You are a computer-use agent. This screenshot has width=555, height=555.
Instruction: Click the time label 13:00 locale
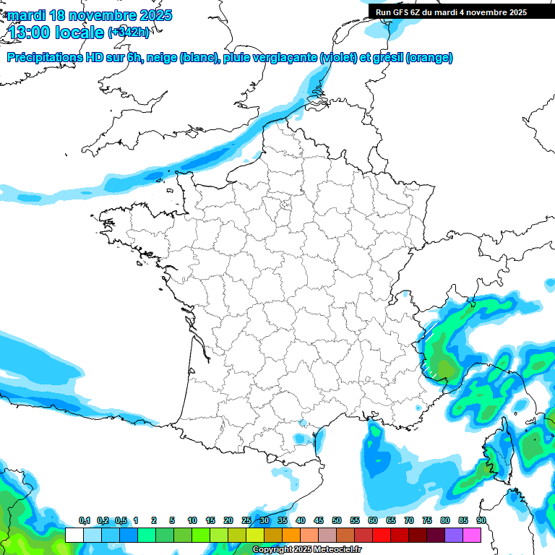click(x=56, y=32)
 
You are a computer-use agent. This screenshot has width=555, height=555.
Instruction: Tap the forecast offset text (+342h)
click(x=129, y=33)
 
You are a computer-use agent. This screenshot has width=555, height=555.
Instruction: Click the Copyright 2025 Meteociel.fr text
click(x=306, y=550)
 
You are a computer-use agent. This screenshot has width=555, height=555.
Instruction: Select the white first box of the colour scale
click(x=74, y=535)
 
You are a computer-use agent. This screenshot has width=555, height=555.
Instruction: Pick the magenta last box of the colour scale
click(x=472, y=535)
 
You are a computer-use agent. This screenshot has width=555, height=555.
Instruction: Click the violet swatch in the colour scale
click(x=454, y=535)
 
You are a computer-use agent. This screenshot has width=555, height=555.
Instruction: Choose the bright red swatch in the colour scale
click(x=382, y=535)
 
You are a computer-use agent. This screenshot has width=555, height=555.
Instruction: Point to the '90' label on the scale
click(x=481, y=520)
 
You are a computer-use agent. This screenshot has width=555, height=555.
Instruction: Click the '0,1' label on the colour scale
click(x=84, y=520)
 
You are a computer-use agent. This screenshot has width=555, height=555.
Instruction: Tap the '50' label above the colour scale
click(x=337, y=520)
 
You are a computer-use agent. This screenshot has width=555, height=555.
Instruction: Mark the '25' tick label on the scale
click(x=246, y=520)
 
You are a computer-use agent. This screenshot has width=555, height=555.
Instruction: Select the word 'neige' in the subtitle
click(x=161, y=58)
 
